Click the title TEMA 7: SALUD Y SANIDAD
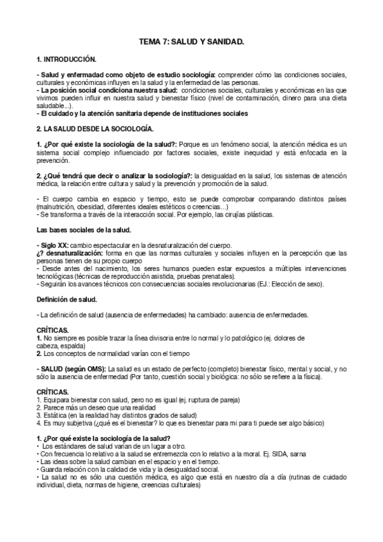tap(192, 41)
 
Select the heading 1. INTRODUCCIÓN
tap(66, 59)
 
